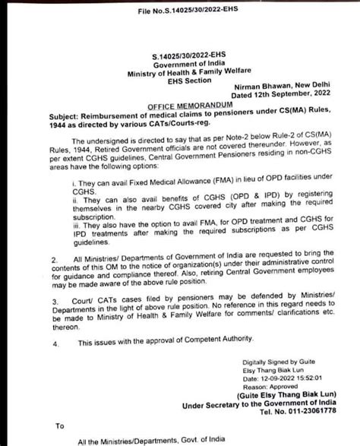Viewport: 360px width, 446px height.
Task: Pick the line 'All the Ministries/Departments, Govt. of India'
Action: coord(127,441)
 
